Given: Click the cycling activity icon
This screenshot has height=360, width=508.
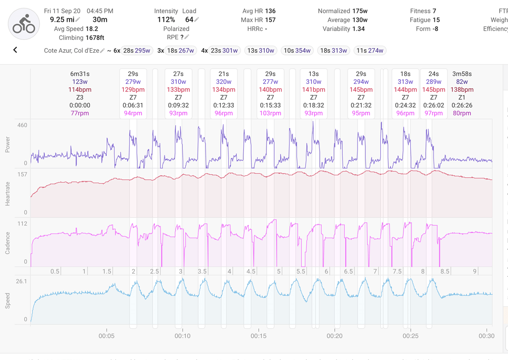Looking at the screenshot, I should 24,24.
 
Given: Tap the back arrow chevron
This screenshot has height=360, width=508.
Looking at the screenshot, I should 15,50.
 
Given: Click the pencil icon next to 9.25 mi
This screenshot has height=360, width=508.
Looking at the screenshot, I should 78,20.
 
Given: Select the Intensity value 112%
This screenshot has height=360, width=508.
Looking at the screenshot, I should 166,20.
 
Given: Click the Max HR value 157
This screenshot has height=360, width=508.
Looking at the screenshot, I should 270,20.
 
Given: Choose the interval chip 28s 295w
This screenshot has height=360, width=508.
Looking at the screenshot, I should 137,51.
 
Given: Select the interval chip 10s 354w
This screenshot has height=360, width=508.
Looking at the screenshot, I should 297,51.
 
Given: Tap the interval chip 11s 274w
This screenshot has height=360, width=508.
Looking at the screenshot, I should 369,51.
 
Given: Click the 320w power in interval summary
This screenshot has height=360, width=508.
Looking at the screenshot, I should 223,82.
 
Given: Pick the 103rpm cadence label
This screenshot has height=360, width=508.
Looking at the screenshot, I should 270,113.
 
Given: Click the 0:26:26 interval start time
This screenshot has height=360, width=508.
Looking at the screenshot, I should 462,105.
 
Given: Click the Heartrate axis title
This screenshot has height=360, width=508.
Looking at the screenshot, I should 7,194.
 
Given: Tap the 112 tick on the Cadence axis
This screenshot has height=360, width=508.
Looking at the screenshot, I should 22,223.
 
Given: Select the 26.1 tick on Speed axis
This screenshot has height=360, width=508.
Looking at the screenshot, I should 21,282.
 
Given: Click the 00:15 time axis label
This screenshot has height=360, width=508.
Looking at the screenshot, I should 258,336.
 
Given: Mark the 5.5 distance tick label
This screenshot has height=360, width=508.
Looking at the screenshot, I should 300,272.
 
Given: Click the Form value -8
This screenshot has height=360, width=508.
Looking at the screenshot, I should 434,29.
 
